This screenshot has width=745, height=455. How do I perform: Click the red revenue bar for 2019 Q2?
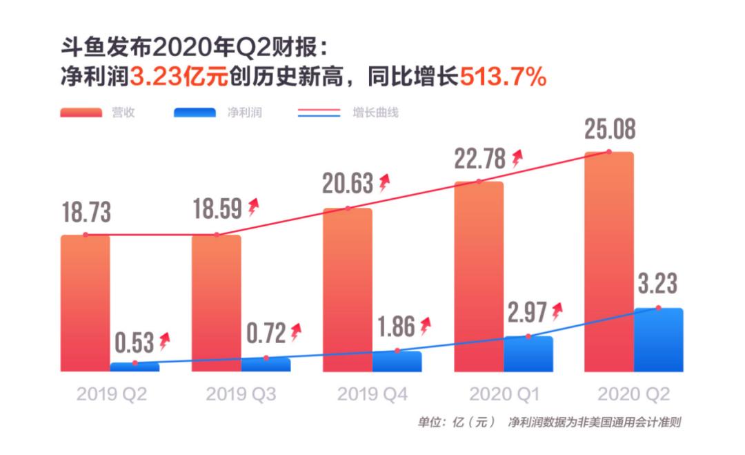pos(85,304)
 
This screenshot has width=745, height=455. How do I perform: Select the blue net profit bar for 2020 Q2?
pos(658,340)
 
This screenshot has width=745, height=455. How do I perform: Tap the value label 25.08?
pos(610,130)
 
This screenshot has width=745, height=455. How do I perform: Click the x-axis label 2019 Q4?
pos(372,394)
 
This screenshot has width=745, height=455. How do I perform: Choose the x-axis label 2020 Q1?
pos(504,394)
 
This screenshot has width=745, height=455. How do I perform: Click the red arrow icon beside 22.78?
pos(517,159)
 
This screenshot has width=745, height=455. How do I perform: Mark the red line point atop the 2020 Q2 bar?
pos(609,152)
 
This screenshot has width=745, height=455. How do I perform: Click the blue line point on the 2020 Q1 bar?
pos(528,336)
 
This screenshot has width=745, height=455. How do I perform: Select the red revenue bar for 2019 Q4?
pos(348,290)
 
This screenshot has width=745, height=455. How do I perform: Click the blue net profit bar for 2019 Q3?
pos(266,365)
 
